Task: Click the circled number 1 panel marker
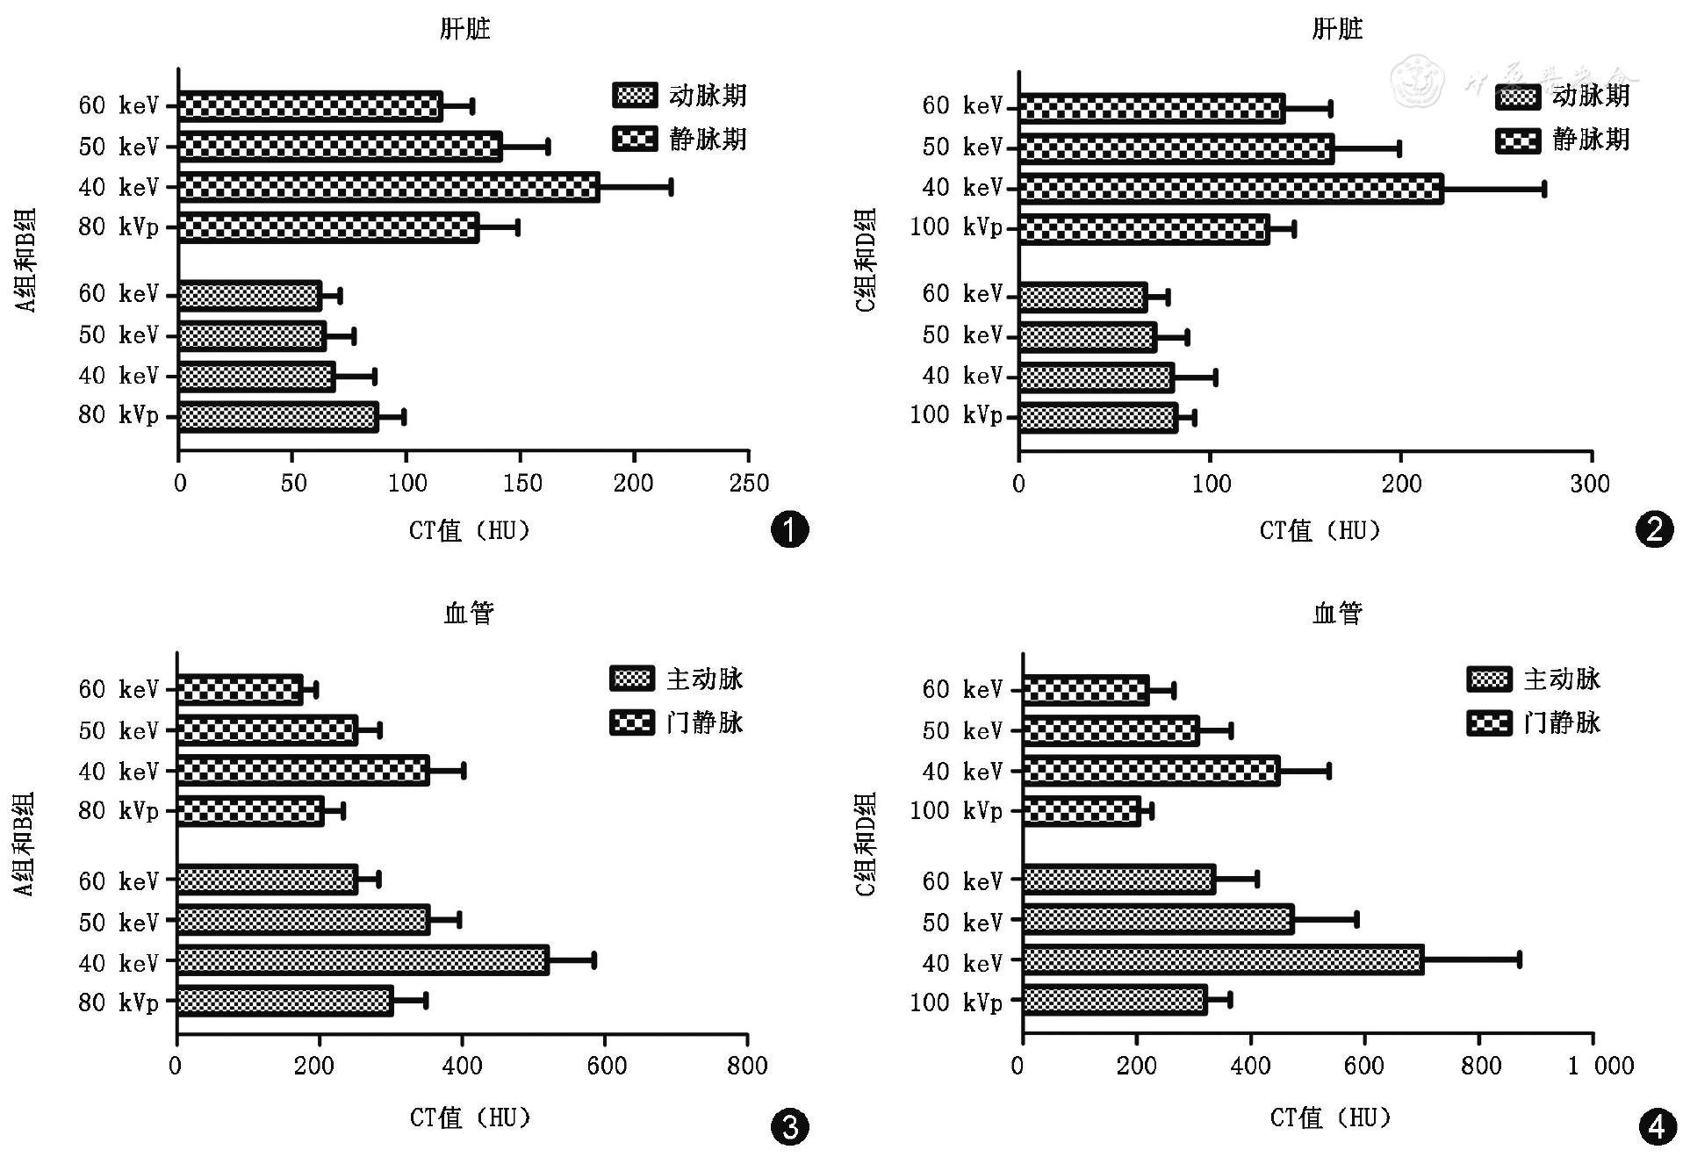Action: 788,529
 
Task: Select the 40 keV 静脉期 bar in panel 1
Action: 388,187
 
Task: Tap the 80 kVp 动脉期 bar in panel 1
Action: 277,417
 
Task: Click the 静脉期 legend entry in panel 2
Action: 1563,140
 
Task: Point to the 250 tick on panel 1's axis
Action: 748,482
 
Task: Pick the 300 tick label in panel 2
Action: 1589,483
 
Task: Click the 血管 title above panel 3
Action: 469,613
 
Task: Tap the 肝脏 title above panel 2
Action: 1336,29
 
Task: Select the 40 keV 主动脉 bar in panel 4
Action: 1222,959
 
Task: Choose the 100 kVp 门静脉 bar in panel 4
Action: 1082,811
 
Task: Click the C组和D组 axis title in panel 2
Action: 866,260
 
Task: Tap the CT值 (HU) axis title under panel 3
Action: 471,1117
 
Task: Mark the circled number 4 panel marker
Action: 1657,1127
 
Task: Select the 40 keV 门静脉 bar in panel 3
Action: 303,771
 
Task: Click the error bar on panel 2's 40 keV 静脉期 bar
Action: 1493,189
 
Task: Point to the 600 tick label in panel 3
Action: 607,1066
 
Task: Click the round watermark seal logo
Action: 1417,81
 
